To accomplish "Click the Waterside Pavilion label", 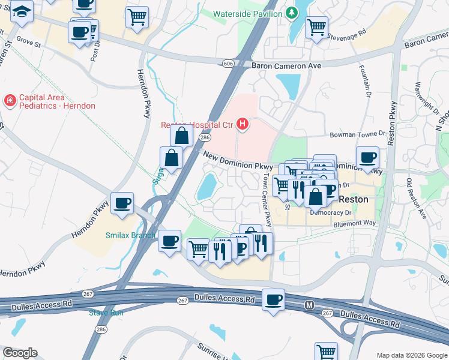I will pyautogui.click(x=249, y=13).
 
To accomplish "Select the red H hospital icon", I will pyautogui.click(x=243, y=124).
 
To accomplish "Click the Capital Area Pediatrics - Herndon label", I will pyautogui.click(x=56, y=101).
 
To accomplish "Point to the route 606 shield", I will pyautogui.click(x=227, y=62).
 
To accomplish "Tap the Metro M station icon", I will pyautogui.click(x=309, y=305).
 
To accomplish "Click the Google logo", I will pyautogui.click(x=20, y=353).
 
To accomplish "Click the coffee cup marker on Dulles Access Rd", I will pyautogui.click(x=273, y=298).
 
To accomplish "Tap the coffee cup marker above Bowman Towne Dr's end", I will pyautogui.click(x=367, y=157).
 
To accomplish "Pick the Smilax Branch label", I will pyautogui.click(x=130, y=235).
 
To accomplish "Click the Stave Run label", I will pyautogui.click(x=106, y=313).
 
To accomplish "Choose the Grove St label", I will pyautogui.click(x=28, y=42).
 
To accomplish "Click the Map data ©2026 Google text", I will pyautogui.click(x=411, y=355).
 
